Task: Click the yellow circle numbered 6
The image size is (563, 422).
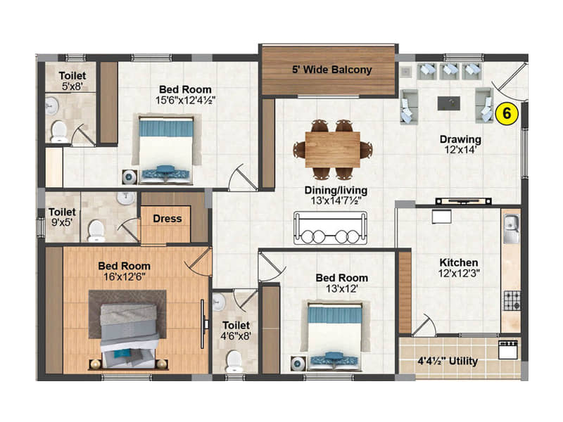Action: pos(507,114)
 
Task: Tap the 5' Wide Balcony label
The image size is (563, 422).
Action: pos(331,70)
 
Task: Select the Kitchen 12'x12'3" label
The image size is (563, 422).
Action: pos(459,268)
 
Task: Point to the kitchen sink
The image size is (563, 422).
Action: pos(512,229)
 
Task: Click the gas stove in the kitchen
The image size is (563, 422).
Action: pos(512,301)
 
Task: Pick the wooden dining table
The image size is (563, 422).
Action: pos(332,150)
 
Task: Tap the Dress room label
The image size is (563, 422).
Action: pos(167,219)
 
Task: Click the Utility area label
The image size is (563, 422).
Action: pos(448,361)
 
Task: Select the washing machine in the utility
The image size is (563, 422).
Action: pos(508,350)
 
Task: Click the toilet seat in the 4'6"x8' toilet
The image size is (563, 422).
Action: pos(234,361)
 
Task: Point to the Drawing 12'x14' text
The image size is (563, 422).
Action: pos(460,144)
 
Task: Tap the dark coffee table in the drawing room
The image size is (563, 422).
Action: pos(449,103)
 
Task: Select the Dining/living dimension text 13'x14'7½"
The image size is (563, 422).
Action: pos(336,200)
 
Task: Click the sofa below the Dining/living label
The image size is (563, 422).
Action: pos(330,228)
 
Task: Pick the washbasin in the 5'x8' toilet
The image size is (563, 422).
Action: pos(52,105)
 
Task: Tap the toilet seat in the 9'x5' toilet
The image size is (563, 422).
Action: pos(96,231)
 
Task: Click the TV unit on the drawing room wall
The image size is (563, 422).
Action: pos(463,201)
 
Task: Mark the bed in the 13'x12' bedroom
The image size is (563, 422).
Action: pos(335,335)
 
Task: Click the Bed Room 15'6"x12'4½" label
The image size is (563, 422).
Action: pos(185,95)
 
